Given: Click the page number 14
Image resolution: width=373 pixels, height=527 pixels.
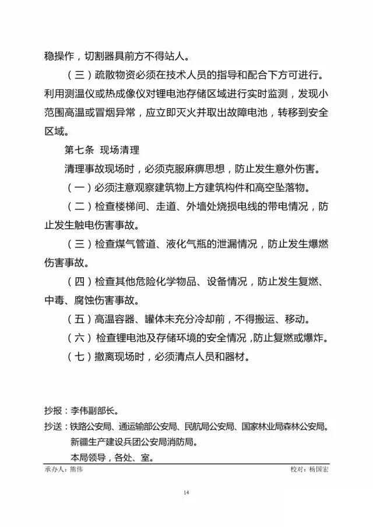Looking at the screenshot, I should (x=186, y=493).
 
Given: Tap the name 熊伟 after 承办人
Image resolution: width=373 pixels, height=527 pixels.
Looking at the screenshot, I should (x=76, y=470).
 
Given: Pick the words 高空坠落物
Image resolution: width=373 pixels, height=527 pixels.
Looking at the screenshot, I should (x=276, y=188).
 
